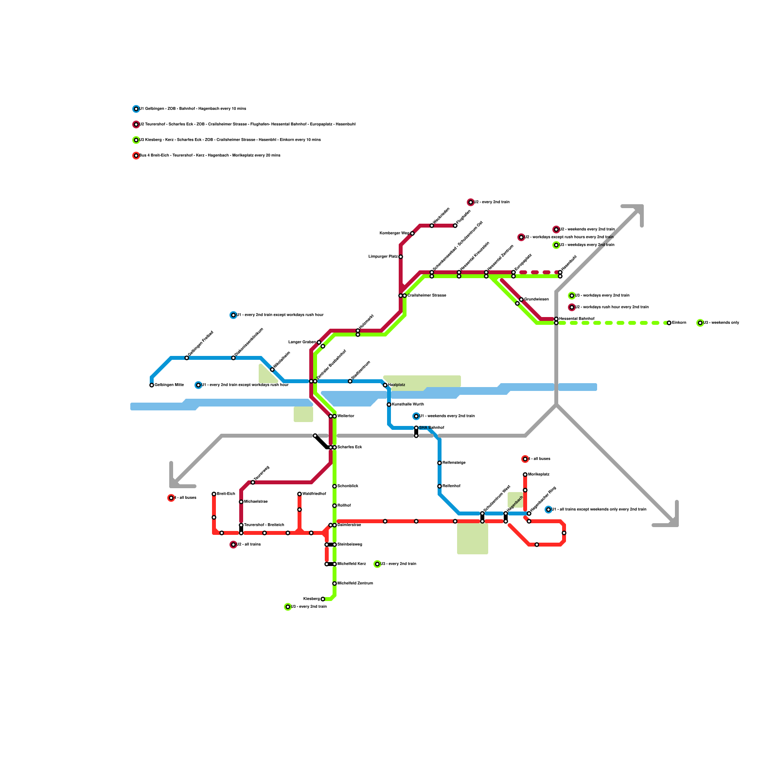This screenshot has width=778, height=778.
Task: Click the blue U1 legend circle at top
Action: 136,109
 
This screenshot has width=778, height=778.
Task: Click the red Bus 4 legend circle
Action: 136,156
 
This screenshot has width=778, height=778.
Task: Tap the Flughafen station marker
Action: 455,226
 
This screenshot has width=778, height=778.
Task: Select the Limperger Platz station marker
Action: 401,257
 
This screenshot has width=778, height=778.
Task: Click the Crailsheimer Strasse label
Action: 426,296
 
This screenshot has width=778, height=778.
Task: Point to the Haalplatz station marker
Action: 385,385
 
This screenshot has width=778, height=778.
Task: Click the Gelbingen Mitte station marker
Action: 152,385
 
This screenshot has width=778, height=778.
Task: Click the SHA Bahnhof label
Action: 431,428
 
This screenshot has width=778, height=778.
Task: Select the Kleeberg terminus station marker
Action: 323,599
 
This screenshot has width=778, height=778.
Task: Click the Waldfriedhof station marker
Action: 300,494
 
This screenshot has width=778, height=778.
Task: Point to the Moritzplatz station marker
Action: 525,475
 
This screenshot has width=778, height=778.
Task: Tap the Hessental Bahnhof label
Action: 576,319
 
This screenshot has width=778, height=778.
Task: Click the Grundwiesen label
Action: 536,300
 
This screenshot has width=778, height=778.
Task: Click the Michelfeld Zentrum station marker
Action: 335,583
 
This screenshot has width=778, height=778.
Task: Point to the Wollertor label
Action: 346,416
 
